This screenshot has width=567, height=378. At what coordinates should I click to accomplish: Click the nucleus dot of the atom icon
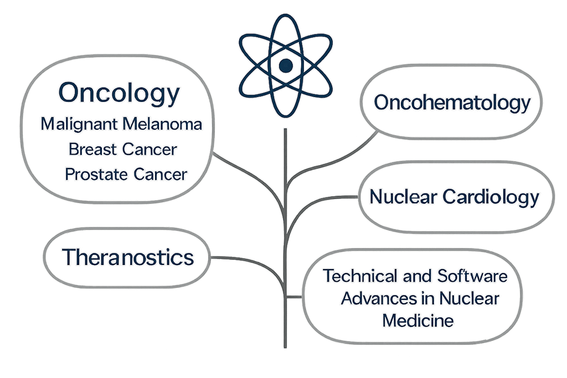[285, 67]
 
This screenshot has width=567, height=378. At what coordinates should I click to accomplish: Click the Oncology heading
[120, 93]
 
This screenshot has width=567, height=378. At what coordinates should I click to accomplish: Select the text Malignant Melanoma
[121, 124]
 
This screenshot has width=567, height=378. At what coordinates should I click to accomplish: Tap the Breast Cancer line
[123, 149]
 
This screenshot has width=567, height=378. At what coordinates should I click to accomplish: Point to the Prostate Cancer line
[126, 174]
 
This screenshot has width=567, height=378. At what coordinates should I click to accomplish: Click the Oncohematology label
[452, 103]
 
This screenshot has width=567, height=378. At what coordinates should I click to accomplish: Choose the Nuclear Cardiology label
[454, 197]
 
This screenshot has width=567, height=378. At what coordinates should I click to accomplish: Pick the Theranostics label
[128, 257]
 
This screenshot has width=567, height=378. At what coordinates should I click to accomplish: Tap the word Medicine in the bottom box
[419, 320]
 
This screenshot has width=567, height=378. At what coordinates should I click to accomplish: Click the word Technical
[360, 275]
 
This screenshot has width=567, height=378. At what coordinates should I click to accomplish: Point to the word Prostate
[97, 174]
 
